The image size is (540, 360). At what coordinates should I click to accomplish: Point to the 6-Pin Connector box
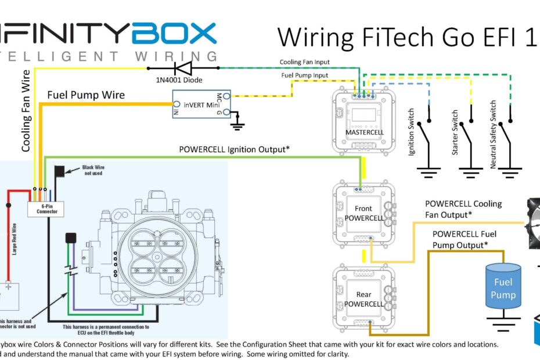pos(46,208)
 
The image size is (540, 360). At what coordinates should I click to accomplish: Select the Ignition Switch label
pos(412,132)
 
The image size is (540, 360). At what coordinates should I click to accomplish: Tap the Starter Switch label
pos(455,132)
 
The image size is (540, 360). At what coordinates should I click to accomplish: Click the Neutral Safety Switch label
pos(493,135)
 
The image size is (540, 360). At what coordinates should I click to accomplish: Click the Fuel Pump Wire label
pos(85,95)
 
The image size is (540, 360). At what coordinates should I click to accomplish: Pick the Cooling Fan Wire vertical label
pos(26,110)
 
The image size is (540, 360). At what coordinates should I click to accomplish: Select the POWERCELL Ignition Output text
pos(234,149)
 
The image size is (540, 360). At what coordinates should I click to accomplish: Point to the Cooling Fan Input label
pos(305,62)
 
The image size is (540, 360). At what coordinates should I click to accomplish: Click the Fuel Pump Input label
pos(304,75)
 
